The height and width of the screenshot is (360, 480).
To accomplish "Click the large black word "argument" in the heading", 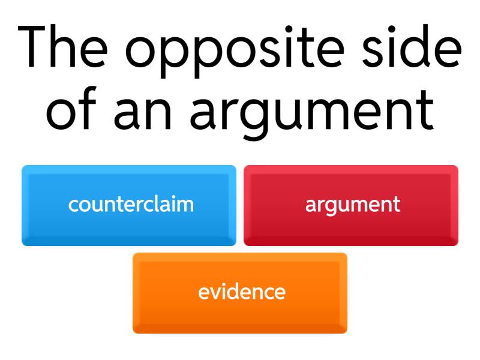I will pyautogui.click(x=312, y=115).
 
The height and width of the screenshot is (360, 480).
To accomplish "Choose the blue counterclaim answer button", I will pyautogui.click(x=129, y=205).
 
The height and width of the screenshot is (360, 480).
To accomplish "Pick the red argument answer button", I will pyautogui.click(x=351, y=205).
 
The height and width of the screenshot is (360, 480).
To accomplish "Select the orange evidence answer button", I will pyautogui.click(x=240, y=293).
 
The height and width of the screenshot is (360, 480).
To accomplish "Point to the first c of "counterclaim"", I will pyautogui.click(x=73, y=205).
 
